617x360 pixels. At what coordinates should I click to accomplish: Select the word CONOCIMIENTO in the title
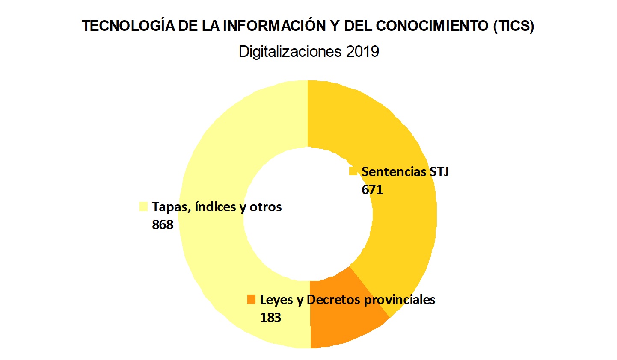[x=432, y=26]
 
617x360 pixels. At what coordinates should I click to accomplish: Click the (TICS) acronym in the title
[x=513, y=26]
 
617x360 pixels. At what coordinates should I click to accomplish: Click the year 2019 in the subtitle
[x=362, y=52]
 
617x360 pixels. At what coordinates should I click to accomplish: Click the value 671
[x=372, y=189]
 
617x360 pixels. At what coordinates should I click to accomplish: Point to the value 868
[x=163, y=224]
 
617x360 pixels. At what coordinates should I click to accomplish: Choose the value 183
[x=270, y=318]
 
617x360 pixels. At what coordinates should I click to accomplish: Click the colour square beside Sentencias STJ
[x=353, y=171]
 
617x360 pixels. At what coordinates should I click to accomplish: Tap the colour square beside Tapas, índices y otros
[x=143, y=207]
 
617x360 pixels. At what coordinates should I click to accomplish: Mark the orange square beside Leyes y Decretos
[x=251, y=299]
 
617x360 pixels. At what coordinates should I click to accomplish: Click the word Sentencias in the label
[x=393, y=172]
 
